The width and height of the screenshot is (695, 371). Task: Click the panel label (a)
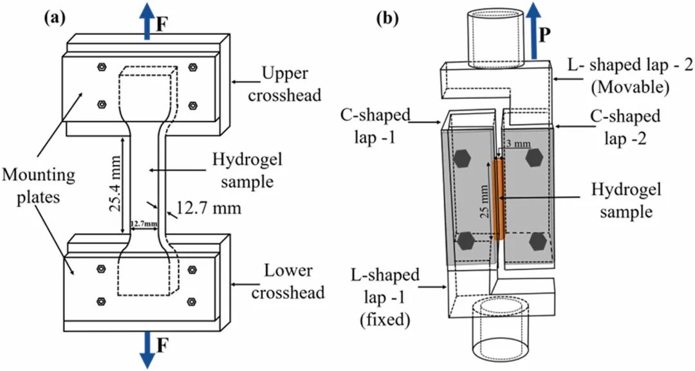[54, 17]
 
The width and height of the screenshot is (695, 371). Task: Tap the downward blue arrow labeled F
[147, 350]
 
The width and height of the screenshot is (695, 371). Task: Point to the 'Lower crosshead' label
[288, 282]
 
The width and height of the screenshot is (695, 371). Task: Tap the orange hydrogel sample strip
[498, 199]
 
